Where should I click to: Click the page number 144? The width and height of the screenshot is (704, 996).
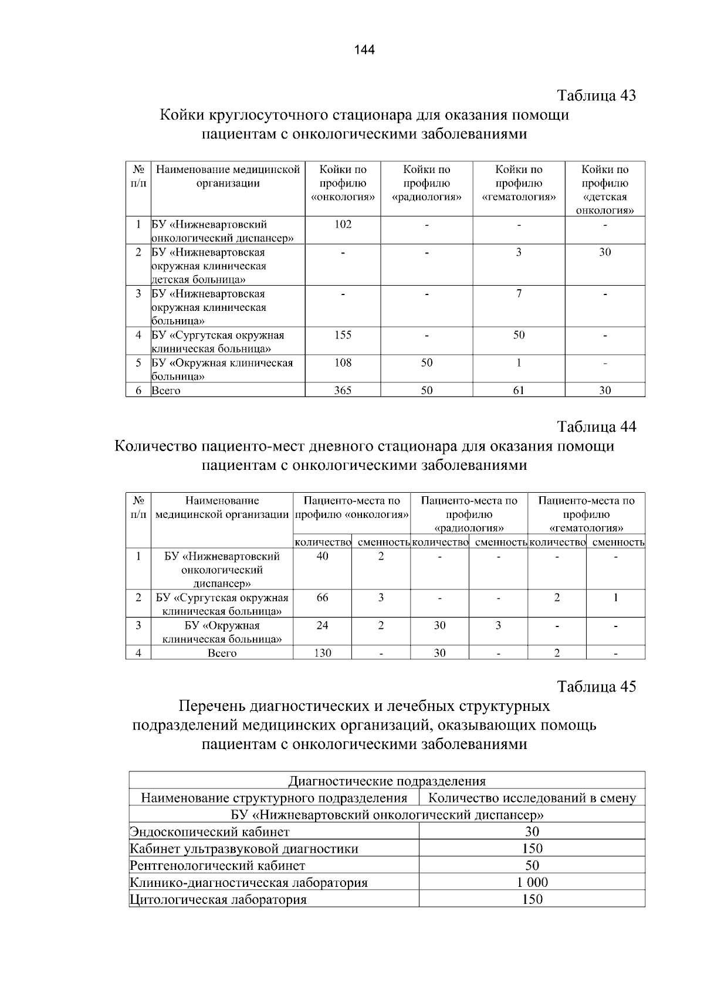click(364, 50)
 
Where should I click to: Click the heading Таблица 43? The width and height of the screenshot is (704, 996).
click(596, 95)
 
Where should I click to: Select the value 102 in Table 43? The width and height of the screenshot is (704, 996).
click(343, 224)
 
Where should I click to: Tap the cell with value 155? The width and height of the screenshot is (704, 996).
click(343, 335)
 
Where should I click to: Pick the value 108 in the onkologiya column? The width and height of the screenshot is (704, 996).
click(343, 363)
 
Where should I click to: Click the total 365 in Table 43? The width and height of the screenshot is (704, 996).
click(343, 390)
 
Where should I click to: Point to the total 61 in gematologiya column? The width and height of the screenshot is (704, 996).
click(519, 390)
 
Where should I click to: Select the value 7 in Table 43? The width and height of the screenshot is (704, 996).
click(519, 293)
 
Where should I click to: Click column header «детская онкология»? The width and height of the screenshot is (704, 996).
click(605, 189)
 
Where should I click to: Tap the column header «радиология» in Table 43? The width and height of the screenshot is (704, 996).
click(427, 183)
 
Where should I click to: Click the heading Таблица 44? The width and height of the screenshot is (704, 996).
click(596, 426)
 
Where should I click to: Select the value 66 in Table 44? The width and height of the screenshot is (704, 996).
click(322, 598)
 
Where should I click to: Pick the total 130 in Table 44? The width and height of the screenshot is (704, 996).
click(322, 653)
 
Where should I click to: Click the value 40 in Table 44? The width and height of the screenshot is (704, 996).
click(322, 556)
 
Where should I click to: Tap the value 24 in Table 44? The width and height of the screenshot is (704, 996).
click(322, 625)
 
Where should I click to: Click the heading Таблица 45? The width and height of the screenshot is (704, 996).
click(596, 686)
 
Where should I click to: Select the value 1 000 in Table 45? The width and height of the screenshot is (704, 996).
click(532, 882)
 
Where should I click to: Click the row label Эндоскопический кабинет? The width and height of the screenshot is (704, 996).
click(209, 832)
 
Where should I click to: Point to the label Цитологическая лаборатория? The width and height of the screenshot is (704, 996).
click(218, 900)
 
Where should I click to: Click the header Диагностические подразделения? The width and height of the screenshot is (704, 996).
click(387, 781)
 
